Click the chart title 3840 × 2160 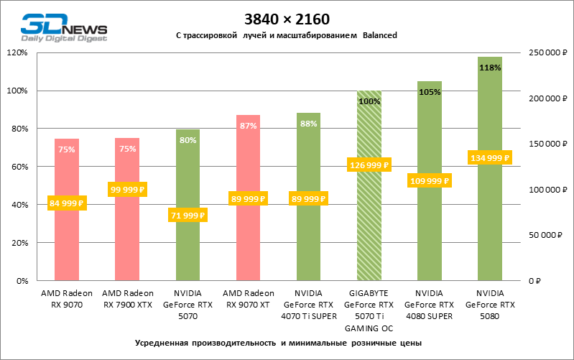click(286, 18)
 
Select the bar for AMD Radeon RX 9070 click(67, 237)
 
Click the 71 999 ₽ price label click(188, 215)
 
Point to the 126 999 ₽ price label click(369, 165)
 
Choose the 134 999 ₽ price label click(490, 158)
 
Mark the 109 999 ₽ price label click(430, 181)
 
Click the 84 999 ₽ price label click(67, 203)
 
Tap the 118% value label click(490, 68)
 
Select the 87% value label click(248, 126)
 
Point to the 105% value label click(430, 92)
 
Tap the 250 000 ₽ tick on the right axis click(547, 53)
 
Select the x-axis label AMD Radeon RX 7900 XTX click(127, 298)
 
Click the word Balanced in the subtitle click(380, 34)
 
